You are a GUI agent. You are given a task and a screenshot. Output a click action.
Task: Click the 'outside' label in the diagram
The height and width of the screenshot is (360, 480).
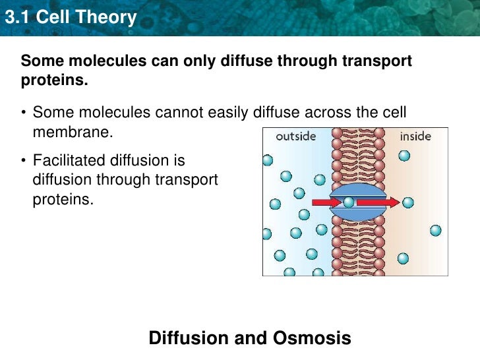[295, 137]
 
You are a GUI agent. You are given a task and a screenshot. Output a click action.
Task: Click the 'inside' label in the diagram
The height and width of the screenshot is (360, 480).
[415, 137]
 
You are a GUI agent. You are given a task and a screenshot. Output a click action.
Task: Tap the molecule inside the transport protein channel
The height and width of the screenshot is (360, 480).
[347, 202]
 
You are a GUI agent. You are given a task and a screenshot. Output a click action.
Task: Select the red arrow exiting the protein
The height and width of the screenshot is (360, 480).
[379, 202]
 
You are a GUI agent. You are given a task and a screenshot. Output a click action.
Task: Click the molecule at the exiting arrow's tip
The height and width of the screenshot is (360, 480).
[408, 202]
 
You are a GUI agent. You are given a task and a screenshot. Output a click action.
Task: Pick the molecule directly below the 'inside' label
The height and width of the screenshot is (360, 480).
[404, 156]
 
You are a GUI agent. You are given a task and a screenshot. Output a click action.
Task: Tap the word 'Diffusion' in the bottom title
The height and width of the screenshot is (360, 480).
[191, 339]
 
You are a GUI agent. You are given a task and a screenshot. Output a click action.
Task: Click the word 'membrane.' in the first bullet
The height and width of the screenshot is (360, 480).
[73, 132]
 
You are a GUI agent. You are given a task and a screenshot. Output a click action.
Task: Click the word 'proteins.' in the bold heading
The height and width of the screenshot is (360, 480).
[55, 80]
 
